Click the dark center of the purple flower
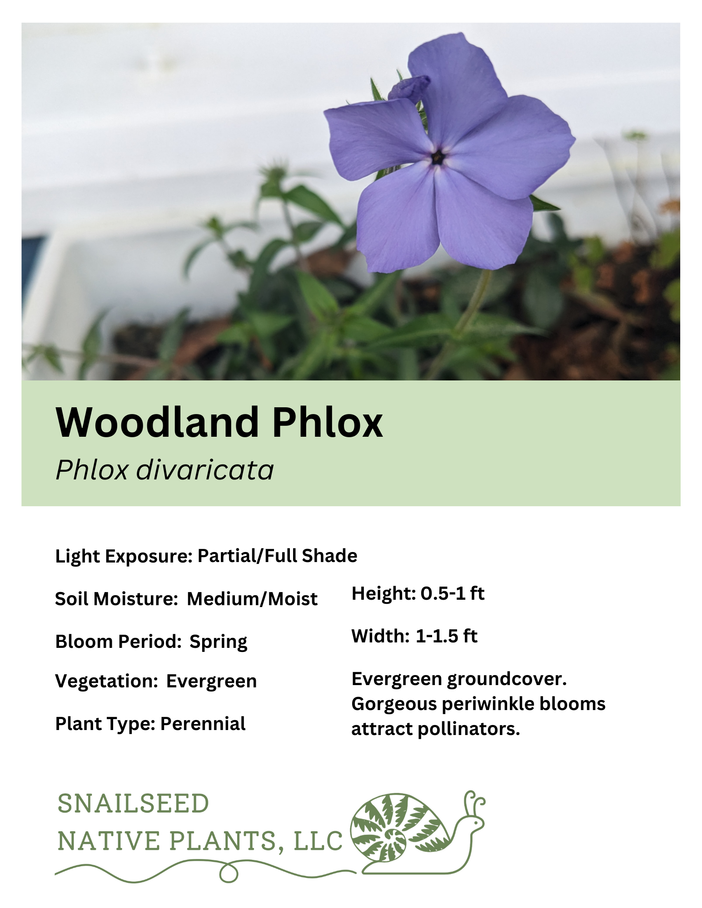(438, 158)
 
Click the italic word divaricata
(205, 469)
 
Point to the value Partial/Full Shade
(277, 556)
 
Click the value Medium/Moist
(252, 599)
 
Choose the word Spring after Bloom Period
(218, 642)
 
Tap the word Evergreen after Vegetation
(211, 681)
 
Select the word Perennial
(203, 724)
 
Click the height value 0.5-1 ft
(453, 593)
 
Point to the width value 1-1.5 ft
(446, 636)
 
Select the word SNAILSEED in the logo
(133, 804)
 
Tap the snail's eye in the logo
(475, 822)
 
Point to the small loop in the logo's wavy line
(229, 873)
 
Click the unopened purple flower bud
(409, 87)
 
